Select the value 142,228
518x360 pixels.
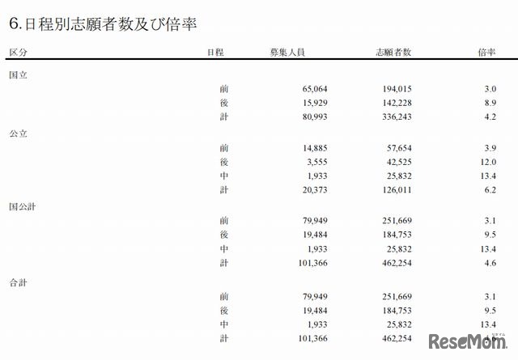[395, 104]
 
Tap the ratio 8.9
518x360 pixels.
[489, 104]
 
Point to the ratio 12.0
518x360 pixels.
[487, 162]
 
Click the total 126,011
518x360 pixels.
[395, 191]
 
